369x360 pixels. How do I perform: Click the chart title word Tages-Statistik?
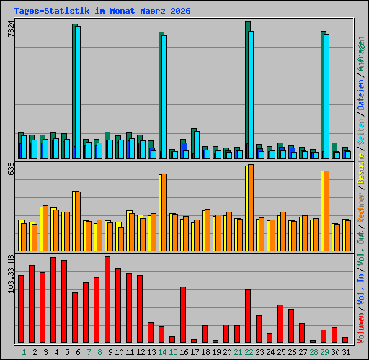(52, 11)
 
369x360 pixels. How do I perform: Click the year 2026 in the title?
(180, 11)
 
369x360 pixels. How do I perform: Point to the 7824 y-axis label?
(11, 29)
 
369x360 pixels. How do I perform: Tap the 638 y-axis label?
(11, 168)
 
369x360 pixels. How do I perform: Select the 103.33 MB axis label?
(11, 274)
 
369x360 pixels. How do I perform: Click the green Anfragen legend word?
(361, 54)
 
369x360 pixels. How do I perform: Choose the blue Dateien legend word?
(361, 95)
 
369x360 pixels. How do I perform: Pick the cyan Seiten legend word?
(361, 132)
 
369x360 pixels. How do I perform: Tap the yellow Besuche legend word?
(361, 168)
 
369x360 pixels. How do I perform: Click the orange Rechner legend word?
(361, 207)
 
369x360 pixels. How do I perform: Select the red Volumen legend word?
(361, 328)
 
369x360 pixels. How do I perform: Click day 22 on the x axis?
(249, 352)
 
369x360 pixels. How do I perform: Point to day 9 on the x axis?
(110, 352)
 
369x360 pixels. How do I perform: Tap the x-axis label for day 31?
(346, 352)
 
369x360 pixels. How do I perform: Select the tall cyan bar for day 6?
(78, 92)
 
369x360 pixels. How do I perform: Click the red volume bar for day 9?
(107, 300)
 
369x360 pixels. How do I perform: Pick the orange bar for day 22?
(251, 208)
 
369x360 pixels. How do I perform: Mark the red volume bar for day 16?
(183, 315)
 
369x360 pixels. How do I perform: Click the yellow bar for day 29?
(323, 211)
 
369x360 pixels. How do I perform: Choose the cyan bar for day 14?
(164, 97)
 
